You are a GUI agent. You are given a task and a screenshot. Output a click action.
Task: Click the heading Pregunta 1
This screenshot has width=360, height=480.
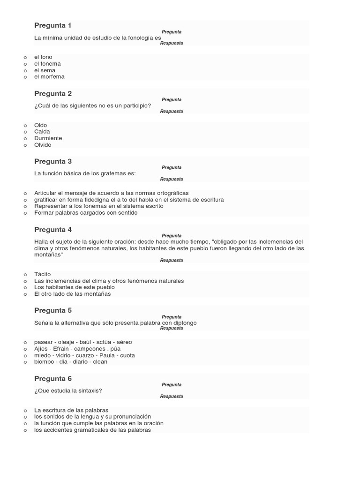53,25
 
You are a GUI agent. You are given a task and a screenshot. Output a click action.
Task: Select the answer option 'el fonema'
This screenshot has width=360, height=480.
47,64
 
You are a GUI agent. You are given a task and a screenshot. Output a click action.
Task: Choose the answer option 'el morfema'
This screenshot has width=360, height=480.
49,77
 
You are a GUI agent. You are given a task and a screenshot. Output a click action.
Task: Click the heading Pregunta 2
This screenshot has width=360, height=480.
53,94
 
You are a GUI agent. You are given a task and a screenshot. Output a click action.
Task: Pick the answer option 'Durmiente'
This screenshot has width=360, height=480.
48,138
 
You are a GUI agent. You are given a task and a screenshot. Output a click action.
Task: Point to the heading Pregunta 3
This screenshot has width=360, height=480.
53,162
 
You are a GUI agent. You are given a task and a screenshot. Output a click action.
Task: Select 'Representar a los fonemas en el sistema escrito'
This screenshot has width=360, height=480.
98,206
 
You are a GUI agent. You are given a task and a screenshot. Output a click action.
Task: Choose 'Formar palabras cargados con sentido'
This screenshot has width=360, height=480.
86,213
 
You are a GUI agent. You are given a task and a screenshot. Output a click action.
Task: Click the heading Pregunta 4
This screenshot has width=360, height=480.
53,230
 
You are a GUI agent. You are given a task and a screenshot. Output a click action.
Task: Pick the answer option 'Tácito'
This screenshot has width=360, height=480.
42,274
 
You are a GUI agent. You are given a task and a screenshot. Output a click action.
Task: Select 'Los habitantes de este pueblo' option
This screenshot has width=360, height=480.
74,287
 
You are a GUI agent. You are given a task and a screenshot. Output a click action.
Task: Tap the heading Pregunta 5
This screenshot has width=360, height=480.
53,310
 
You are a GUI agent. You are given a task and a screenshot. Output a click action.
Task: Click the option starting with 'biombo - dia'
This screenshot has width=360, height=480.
70,362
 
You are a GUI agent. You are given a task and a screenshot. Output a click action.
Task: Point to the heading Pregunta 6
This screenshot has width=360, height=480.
53,379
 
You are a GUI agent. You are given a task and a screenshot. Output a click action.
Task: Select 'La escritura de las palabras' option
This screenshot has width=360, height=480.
71,410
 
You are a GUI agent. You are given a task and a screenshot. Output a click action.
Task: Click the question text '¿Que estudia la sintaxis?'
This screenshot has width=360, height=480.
68,390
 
